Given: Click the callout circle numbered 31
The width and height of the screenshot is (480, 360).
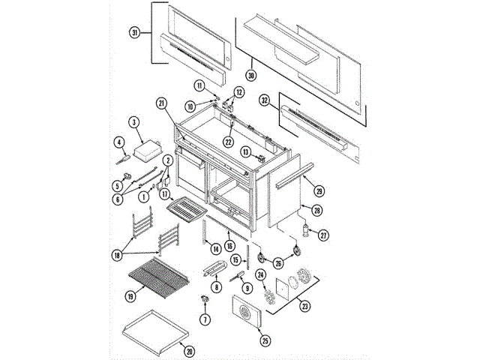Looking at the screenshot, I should coord(135,33).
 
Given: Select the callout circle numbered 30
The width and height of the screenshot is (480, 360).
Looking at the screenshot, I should coord(251,75).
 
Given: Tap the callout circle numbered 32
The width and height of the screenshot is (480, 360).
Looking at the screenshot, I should coord(264,100).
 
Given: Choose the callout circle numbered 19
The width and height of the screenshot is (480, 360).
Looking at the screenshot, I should coord(130,295).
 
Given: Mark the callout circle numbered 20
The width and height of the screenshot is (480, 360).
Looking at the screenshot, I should coord(188,350).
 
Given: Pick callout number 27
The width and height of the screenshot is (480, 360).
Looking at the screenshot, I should coord(324,234).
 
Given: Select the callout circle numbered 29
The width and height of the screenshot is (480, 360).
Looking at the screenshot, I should coord(319,189).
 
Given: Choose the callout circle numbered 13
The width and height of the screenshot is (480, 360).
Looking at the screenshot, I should coord(245,151).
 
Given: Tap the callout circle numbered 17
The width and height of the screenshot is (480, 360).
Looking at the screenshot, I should coord(163,193).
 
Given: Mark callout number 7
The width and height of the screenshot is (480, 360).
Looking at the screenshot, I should coord(204,319).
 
